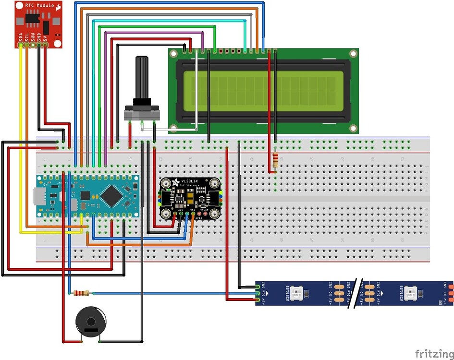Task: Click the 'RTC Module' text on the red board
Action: coord(39,6)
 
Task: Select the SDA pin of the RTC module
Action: coord(21,45)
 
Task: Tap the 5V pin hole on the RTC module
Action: coord(45,45)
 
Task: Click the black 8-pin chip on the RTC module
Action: coord(32,19)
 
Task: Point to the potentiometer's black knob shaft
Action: coord(142,77)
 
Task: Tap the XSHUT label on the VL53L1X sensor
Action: coord(205,210)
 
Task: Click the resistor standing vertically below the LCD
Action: coord(275,160)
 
